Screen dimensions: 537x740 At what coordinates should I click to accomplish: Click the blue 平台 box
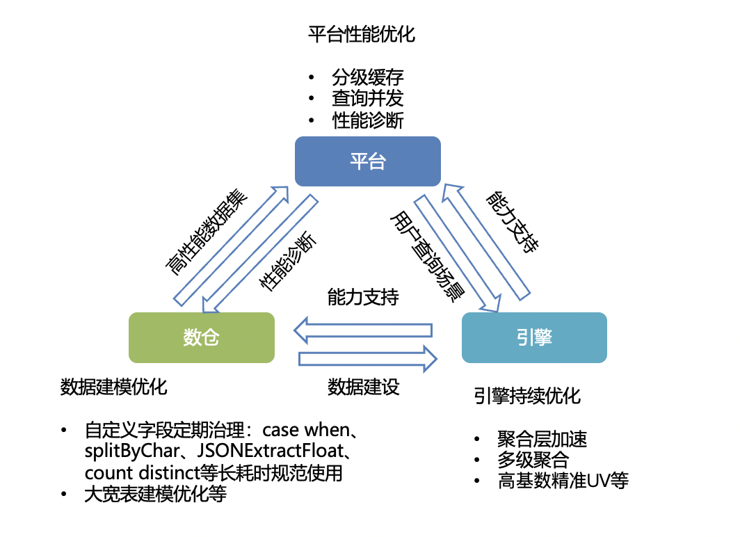click(x=367, y=161)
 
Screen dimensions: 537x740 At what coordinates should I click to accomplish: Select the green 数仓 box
click(x=202, y=337)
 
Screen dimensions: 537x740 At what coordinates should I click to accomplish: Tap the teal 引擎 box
click(x=534, y=337)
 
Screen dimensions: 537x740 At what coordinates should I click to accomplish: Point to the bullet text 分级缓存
click(x=367, y=77)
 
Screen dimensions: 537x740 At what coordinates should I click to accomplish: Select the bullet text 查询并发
click(x=367, y=98)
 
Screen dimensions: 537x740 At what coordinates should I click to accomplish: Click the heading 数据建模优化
click(x=114, y=387)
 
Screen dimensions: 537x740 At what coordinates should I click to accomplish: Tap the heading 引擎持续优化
click(x=526, y=396)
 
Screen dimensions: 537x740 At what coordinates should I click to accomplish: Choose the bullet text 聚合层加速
click(x=542, y=439)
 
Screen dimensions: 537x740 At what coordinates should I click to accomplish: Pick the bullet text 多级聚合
click(x=533, y=460)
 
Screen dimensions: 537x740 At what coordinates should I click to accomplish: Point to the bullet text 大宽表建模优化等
click(x=155, y=495)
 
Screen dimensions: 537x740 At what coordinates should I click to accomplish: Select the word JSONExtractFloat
click(x=271, y=450)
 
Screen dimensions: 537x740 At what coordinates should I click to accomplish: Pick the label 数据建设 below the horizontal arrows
click(x=363, y=387)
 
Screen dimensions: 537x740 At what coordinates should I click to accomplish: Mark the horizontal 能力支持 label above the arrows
click(x=363, y=298)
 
